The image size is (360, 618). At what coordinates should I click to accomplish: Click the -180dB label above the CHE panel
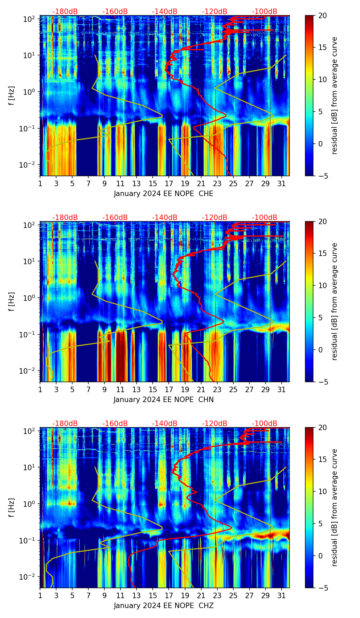65,12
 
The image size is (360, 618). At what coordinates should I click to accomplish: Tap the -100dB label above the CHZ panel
265,424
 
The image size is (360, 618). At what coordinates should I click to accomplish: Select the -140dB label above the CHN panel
165,218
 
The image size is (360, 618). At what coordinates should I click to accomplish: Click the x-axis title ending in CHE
164,194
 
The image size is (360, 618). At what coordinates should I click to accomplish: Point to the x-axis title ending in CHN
164,400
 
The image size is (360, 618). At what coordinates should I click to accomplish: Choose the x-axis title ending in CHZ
164,606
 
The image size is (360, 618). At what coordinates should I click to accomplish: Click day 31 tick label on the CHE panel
281,184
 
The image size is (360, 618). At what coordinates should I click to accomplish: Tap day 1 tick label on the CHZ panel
40,596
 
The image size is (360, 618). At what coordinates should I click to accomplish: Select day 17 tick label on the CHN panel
169,390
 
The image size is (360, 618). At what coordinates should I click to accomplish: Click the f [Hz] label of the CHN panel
12,301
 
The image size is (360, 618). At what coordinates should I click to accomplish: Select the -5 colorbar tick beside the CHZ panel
323,588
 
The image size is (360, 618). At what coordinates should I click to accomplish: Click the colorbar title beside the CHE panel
334,95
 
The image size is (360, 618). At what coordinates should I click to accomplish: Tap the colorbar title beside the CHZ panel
334,507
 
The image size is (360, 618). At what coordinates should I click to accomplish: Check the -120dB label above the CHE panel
215,12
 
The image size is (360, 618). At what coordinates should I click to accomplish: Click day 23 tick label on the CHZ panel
217,596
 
